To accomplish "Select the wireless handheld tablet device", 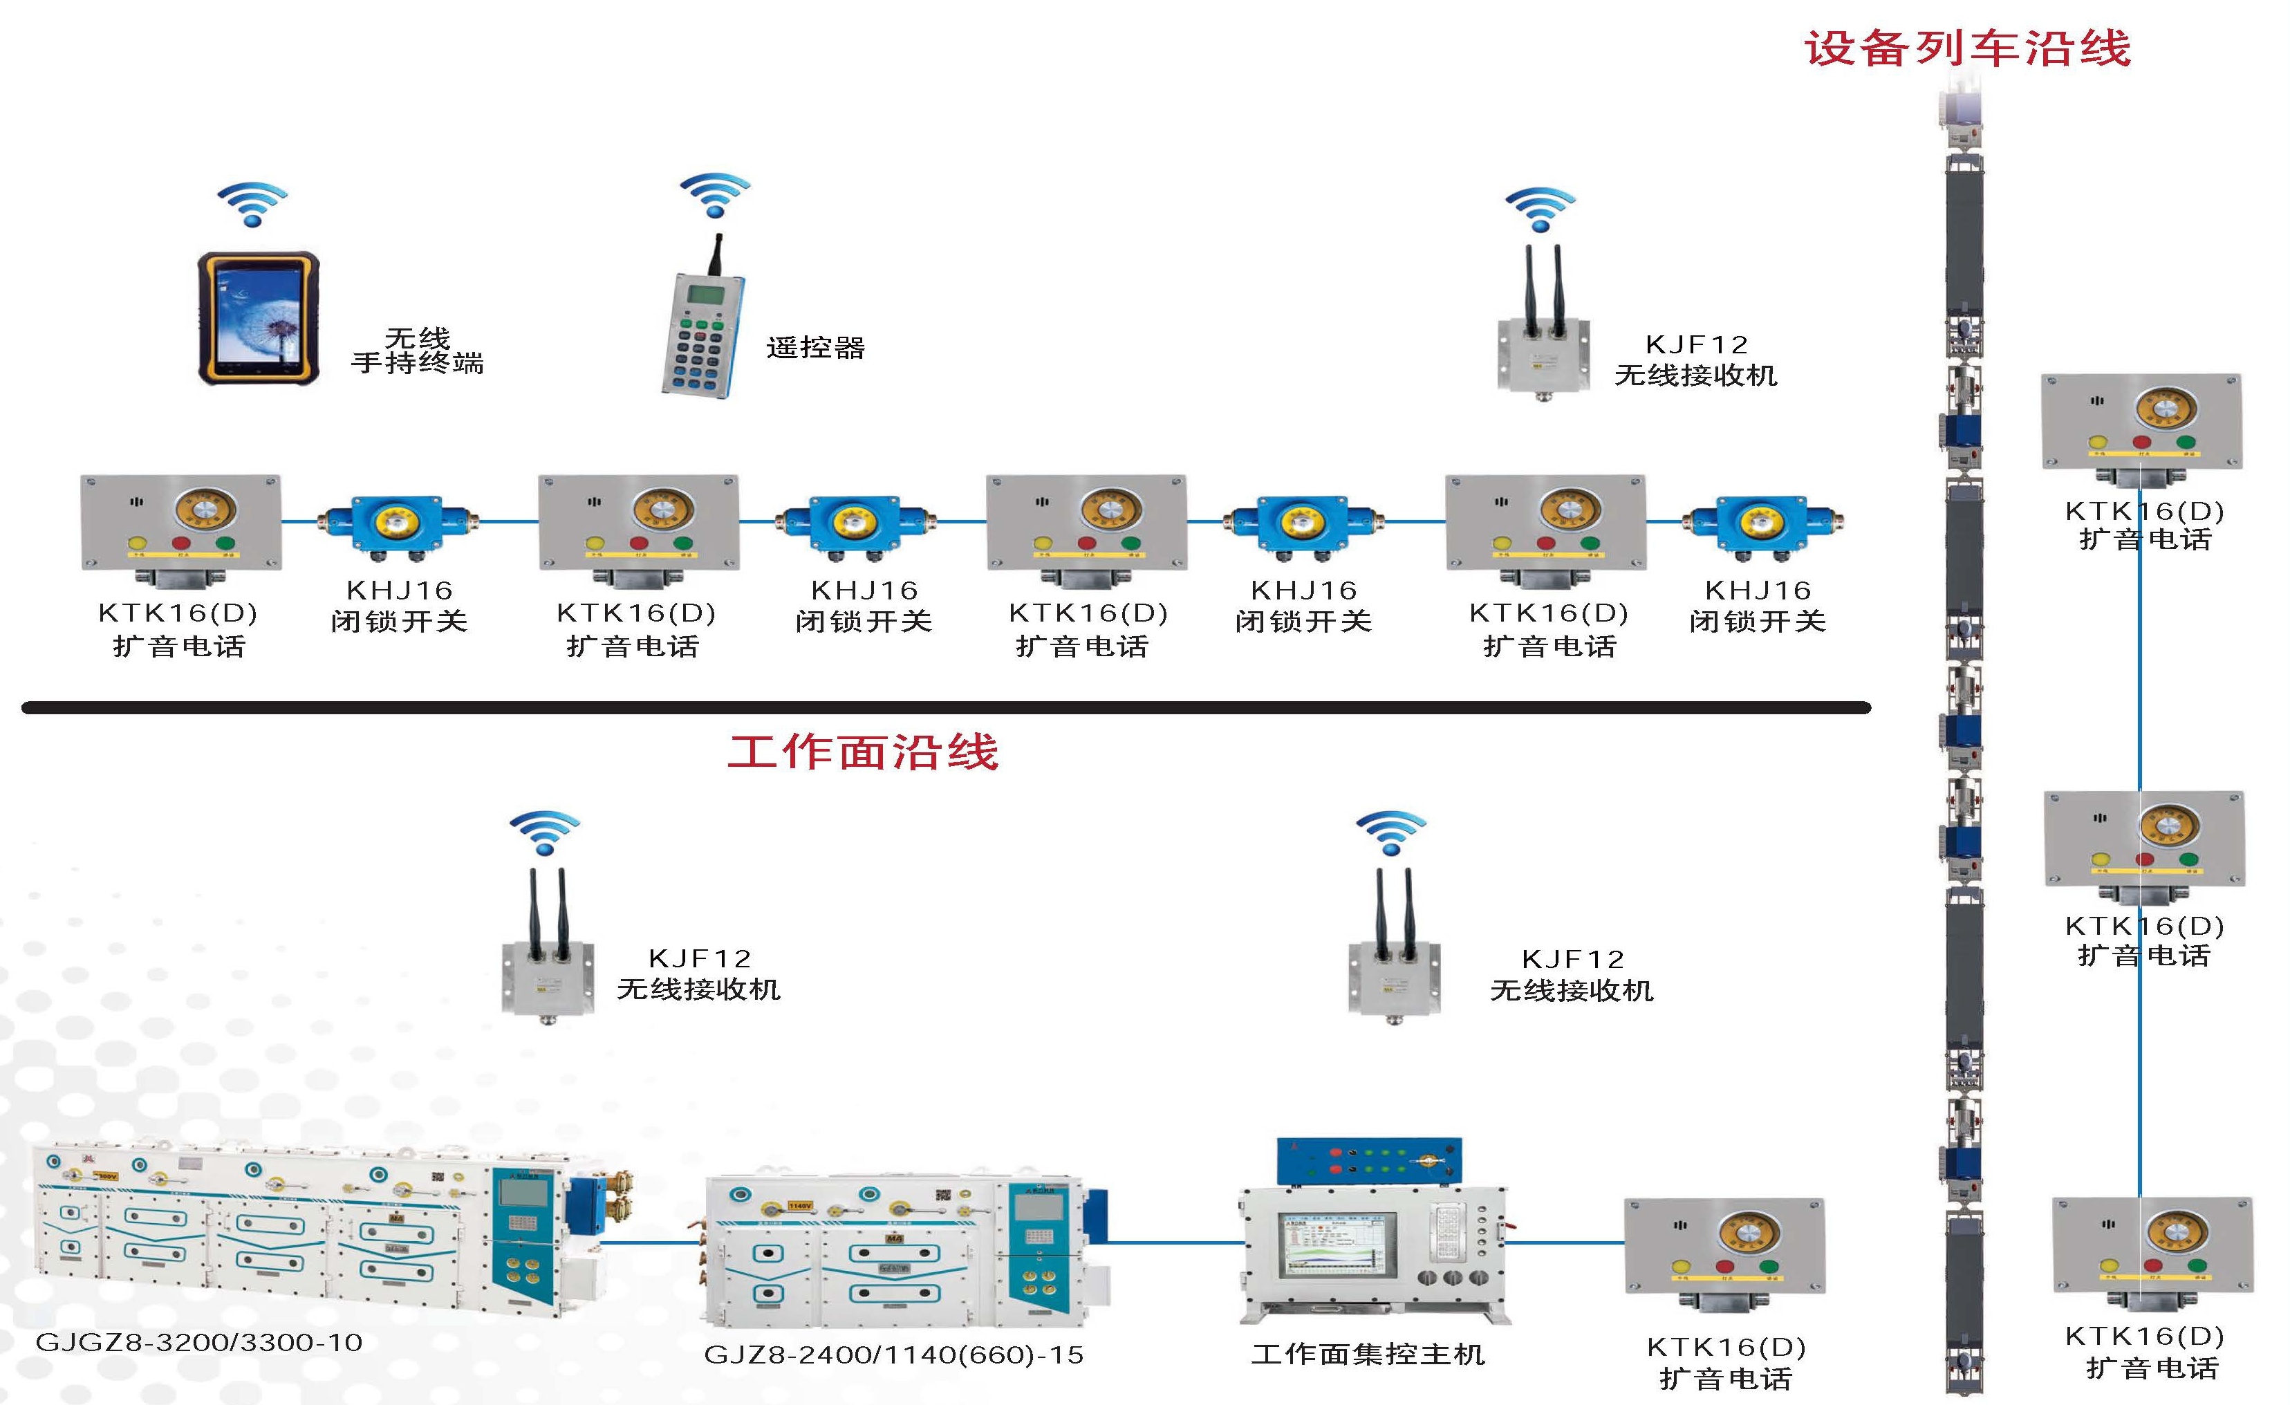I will (x=259, y=318).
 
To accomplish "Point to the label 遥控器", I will (x=815, y=348).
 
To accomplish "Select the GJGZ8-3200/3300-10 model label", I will (x=199, y=1342).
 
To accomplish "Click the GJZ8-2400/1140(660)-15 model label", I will (x=893, y=1355).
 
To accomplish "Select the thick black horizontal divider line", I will (x=945, y=708).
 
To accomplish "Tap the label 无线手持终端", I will (x=418, y=351).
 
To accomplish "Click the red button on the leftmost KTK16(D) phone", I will (x=181, y=543).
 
